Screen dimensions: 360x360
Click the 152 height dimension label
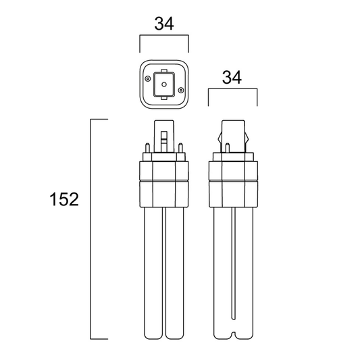coord(64,199)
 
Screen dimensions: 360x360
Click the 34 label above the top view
coord(164,24)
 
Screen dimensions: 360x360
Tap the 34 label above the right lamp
coord(232,78)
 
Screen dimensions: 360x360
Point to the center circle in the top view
coord(164,84)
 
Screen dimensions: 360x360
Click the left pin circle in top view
coord(147,79)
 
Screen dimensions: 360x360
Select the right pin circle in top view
coord(181,90)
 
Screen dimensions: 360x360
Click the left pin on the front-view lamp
coord(148,148)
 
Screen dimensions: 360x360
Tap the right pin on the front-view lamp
coord(180,148)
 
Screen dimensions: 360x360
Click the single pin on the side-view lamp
coord(228,148)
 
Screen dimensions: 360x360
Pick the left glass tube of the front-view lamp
coord(153,274)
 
